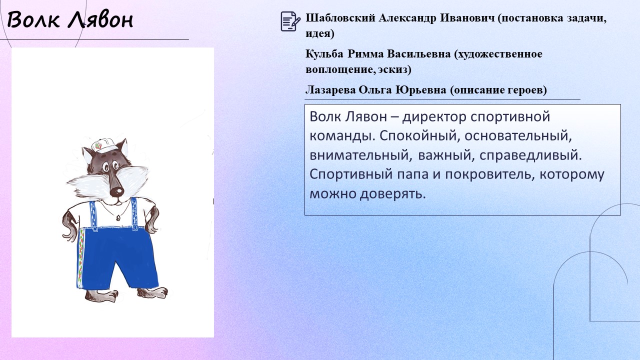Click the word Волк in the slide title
(x=33, y=19)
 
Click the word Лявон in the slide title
(x=101, y=20)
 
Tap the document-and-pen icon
(x=290, y=21)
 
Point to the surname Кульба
(x=324, y=53)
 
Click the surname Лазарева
(x=330, y=89)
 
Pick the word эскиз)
(x=395, y=69)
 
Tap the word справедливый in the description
(x=530, y=155)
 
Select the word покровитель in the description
(x=489, y=174)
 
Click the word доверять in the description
(x=392, y=194)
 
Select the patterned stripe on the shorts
(x=81, y=257)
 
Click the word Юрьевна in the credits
(x=421, y=89)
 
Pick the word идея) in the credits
(x=320, y=33)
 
